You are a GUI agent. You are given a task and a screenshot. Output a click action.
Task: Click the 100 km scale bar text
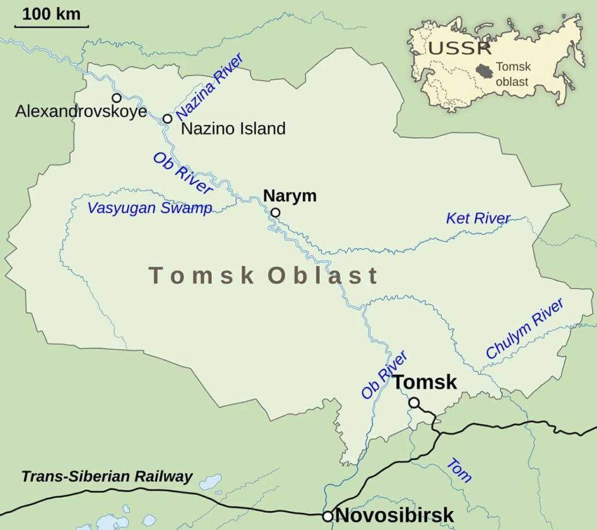[52, 14]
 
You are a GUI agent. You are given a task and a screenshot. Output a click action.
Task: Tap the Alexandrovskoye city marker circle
[117, 98]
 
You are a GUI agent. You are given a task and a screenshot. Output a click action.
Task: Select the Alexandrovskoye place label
[81, 112]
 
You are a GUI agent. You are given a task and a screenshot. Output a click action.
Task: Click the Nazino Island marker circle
[167, 119]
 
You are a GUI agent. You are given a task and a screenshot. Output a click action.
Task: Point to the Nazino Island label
[233, 129]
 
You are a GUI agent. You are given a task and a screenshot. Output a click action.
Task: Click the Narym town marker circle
[275, 213]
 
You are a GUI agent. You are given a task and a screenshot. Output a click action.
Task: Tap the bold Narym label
[290, 196]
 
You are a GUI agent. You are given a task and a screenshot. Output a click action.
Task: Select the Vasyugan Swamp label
[150, 208]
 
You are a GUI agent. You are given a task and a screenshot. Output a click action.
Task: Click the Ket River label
[478, 219]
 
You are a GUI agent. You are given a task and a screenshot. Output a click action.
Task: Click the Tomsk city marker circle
[413, 403]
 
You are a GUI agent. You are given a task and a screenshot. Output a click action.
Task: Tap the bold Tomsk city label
[425, 382]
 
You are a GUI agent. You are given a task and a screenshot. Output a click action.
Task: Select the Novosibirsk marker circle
[328, 516]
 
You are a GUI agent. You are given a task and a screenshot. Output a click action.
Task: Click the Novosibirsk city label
[394, 515]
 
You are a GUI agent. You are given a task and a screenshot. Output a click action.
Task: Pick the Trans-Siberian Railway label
[107, 476]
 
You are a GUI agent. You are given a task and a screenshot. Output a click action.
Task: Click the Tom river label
[459, 470]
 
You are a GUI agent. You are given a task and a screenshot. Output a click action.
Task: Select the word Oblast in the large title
[322, 276]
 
